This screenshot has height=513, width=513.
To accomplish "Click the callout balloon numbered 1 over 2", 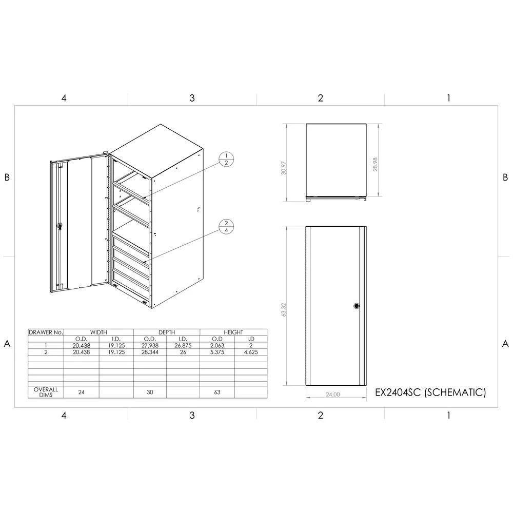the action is click(x=226, y=160).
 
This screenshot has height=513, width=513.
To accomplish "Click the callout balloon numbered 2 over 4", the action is click(x=226, y=227).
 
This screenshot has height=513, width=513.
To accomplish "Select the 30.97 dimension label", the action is click(x=284, y=168).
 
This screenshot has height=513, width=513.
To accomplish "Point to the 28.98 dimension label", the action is click(x=375, y=164).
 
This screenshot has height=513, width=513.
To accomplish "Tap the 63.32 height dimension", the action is click(x=284, y=309).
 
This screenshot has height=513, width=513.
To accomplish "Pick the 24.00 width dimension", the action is click(x=333, y=394).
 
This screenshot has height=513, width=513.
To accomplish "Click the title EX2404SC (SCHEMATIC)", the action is click(x=430, y=392).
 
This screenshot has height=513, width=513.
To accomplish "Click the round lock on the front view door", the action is click(x=357, y=306).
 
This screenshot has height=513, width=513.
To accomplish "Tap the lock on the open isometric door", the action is click(x=59, y=226).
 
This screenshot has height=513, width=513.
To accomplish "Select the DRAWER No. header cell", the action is click(x=46, y=332).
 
